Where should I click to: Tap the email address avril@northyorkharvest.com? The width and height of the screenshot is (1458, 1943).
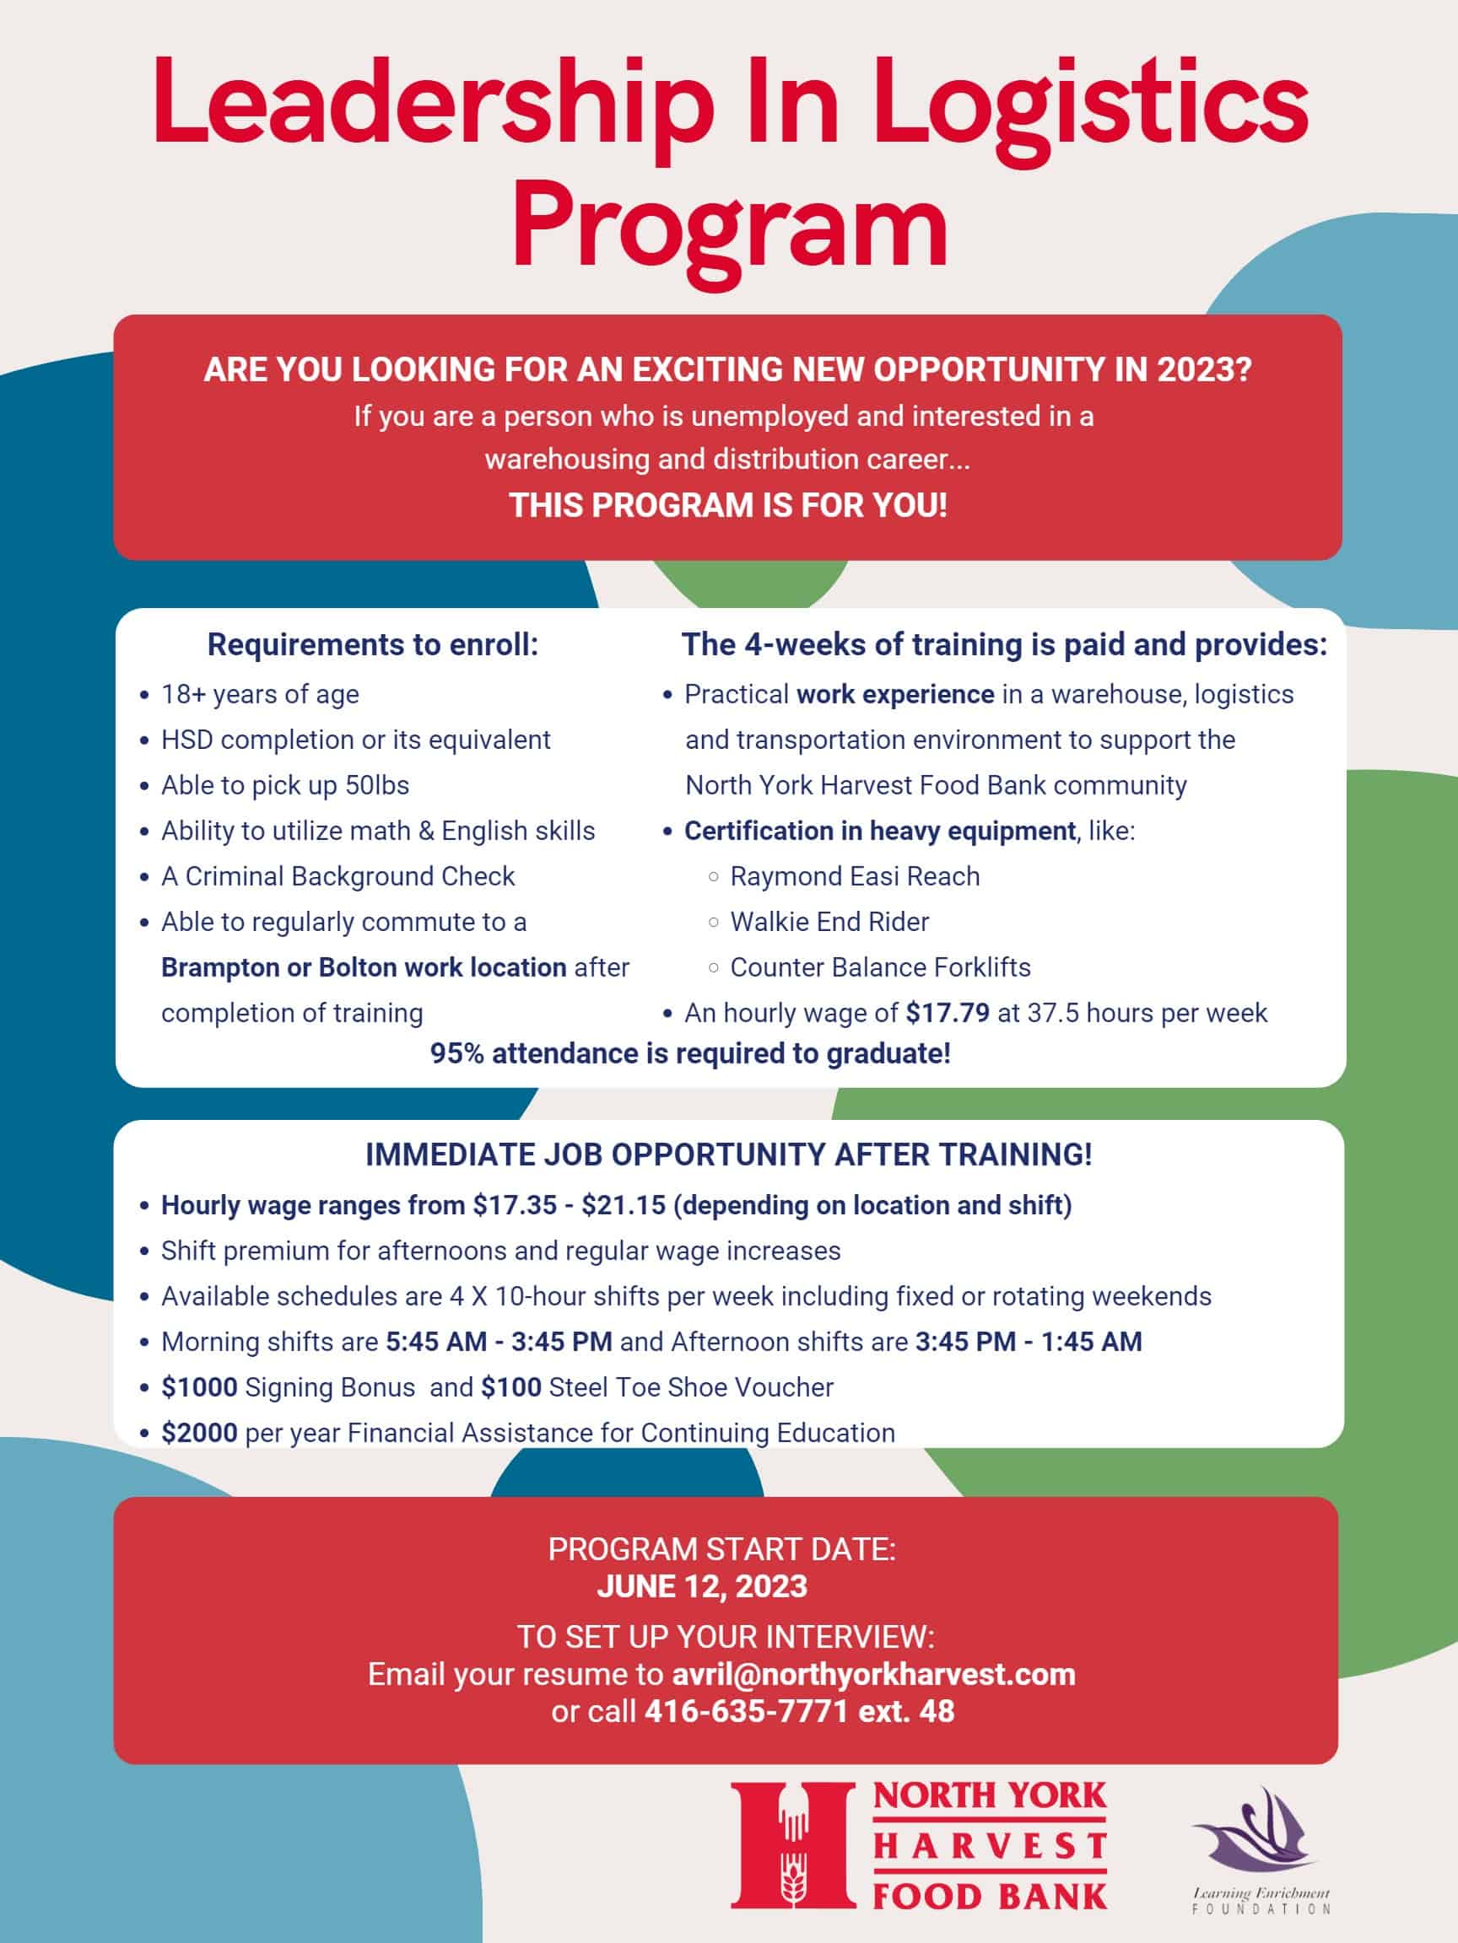[872, 1674]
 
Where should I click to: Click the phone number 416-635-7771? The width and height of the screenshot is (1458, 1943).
[746, 1711]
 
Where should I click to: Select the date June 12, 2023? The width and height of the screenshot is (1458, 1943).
[701, 1586]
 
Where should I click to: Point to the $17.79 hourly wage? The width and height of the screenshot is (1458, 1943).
[948, 1013]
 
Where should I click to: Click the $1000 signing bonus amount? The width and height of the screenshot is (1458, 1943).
[198, 1387]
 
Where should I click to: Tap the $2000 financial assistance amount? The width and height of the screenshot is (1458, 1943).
[198, 1433]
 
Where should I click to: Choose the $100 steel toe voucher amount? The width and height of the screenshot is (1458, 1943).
[510, 1387]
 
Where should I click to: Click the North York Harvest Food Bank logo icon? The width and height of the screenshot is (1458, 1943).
[793, 1844]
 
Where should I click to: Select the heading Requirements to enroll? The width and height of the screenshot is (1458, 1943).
[373, 645]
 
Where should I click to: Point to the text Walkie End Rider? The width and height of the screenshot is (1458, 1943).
[829, 923]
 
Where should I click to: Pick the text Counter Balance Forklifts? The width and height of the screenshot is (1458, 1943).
[880, 968]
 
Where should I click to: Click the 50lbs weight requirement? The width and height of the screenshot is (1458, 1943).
[377, 785]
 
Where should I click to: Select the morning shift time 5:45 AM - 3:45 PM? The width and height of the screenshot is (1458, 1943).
[499, 1342]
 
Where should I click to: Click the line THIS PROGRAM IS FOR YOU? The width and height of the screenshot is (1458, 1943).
[727, 506]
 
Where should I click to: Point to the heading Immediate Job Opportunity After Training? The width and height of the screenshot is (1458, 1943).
[728, 1154]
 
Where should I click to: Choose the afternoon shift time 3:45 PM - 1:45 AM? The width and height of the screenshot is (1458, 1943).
[1029, 1342]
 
